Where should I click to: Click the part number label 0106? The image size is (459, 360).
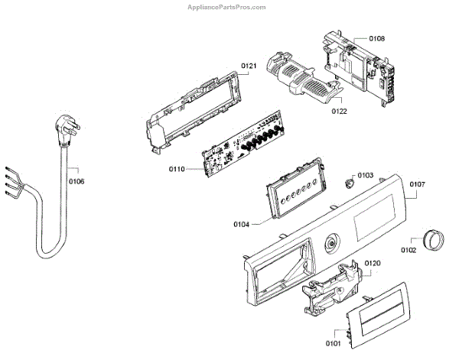76,181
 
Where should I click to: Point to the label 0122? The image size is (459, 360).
340,111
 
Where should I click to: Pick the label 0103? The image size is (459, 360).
366,176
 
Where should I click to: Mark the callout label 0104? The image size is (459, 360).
243,224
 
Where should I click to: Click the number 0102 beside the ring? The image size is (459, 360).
408,249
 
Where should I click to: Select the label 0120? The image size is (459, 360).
372,263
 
